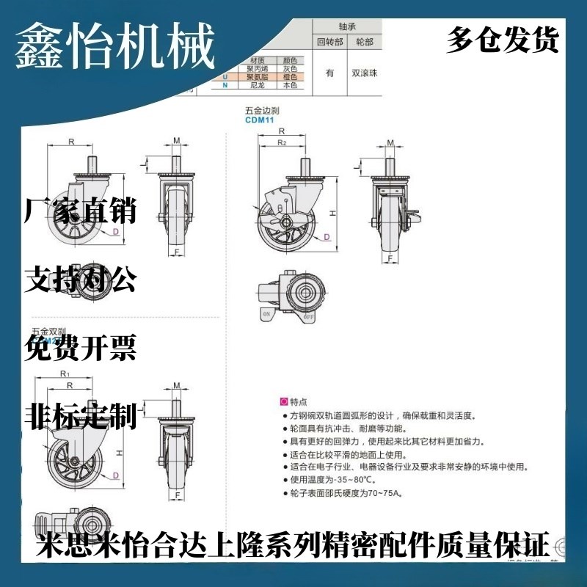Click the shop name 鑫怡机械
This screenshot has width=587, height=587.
click(x=115, y=45)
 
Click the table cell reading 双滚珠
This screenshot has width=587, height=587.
click(x=364, y=73)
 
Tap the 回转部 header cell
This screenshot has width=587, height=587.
click(x=329, y=41)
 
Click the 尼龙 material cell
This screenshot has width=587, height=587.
click(x=258, y=86)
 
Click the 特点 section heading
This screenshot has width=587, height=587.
click(x=298, y=402)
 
